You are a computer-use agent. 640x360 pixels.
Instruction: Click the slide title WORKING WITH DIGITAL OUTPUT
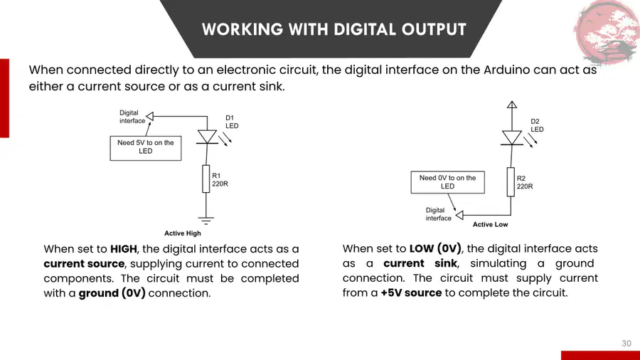click(x=334, y=29)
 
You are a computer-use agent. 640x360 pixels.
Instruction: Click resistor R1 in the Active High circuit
click(x=206, y=179)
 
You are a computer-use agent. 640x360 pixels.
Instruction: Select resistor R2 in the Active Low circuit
click(x=511, y=182)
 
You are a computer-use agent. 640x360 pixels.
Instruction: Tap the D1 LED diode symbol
click(x=207, y=137)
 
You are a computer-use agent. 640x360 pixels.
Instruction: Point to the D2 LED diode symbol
click(x=512, y=138)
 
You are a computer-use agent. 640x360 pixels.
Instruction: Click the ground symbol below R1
click(x=206, y=221)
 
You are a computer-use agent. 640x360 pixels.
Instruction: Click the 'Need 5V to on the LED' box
click(x=146, y=148)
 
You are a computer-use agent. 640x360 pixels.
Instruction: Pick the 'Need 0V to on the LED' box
click(x=448, y=182)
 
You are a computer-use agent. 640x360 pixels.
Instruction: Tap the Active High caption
click(x=183, y=233)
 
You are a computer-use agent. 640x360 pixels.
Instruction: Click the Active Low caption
click(x=490, y=225)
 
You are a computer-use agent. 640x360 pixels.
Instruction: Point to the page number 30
click(x=626, y=343)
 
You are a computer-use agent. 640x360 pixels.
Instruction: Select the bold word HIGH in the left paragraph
click(x=124, y=249)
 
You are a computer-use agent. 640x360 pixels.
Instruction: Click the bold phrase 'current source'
click(x=84, y=264)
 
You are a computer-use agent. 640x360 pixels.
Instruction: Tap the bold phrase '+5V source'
click(x=411, y=292)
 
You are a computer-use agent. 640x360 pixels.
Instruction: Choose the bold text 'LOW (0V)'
click(x=435, y=248)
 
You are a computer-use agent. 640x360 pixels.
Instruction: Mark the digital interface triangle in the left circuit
click(x=150, y=117)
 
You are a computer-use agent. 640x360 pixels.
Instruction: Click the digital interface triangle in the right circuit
click(x=459, y=215)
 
